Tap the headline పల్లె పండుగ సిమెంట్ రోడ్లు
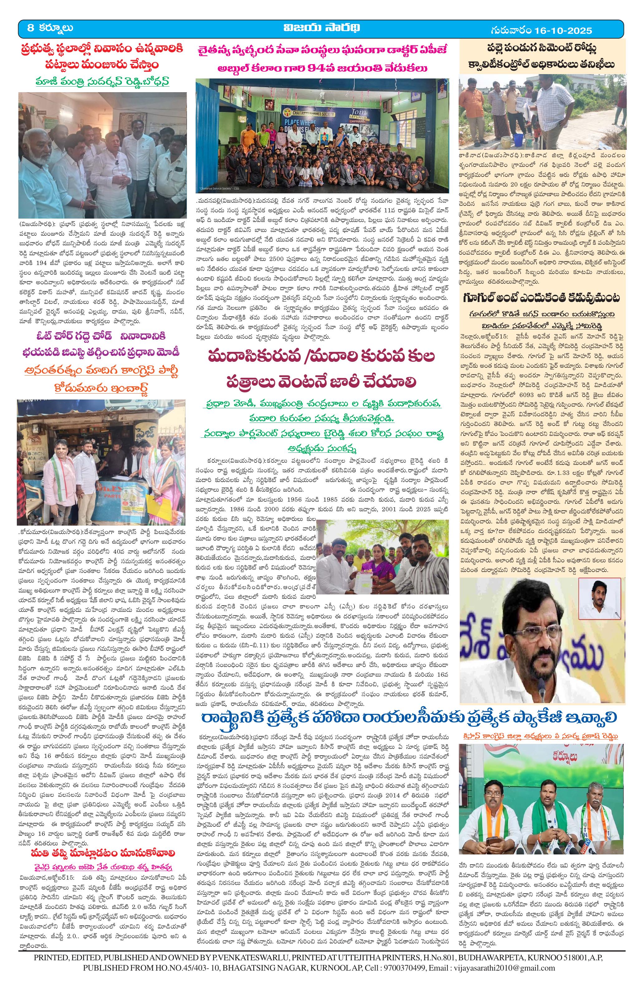coord(541,46)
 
